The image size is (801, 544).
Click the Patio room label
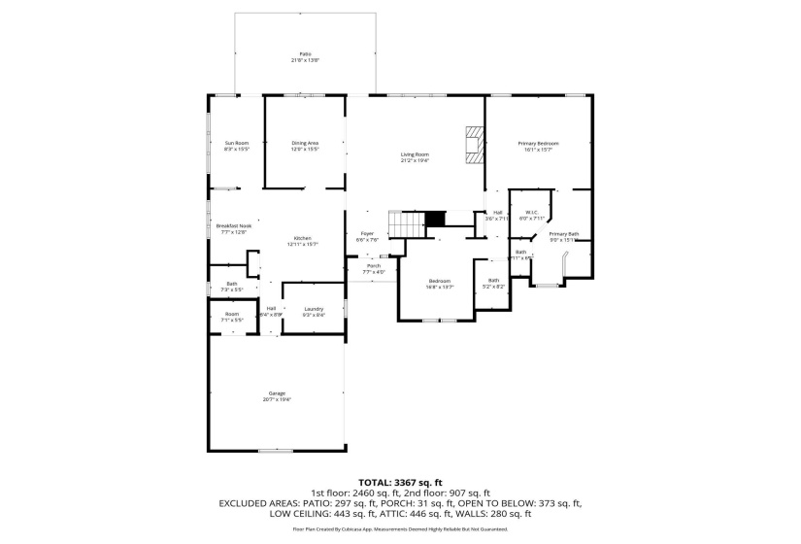(305, 53)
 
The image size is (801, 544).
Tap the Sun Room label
(237, 143)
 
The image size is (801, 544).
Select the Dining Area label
(305, 143)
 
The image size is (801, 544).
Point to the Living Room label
(416, 154)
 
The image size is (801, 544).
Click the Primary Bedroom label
(538, 143)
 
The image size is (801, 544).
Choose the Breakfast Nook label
(234, 226)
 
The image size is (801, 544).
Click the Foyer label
(367, 233)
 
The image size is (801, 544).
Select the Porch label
(374, 265)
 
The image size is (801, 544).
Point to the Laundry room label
(314, 308)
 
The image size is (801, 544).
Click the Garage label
(278, 392)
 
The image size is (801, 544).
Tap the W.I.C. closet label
(532, 212)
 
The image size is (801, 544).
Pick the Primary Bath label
(564, 233)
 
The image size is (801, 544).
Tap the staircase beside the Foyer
(406, 222)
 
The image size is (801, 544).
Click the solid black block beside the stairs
(436, 219)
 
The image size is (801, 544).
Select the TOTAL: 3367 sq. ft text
(400, 482)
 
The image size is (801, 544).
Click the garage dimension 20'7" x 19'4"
(278, 399)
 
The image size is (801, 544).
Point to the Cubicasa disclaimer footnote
(400, 529)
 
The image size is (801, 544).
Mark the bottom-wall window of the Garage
(276, 451)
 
